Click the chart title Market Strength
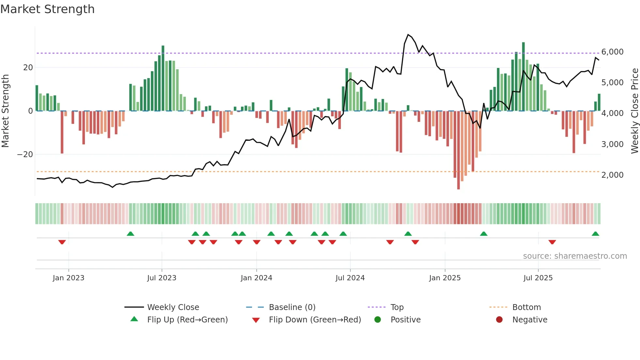tap(47, 9)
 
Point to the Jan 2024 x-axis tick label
tap(256, 278)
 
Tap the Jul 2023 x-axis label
tap(162, 278)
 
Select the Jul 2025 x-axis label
tap(538, 278)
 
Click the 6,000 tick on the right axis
tap(612, 52)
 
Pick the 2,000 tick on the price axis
tap(612, 175)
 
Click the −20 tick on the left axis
tap(25, 155)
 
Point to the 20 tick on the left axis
tap(28, 68)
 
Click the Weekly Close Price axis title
tap(634, 111)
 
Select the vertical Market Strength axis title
tap(6, 111)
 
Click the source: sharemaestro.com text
tap(575, 256)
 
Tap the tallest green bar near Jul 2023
tap(163, 78)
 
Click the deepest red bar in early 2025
tap(458, 150)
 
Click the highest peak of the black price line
tap(408, 35)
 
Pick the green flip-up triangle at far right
tap(595, 234)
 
